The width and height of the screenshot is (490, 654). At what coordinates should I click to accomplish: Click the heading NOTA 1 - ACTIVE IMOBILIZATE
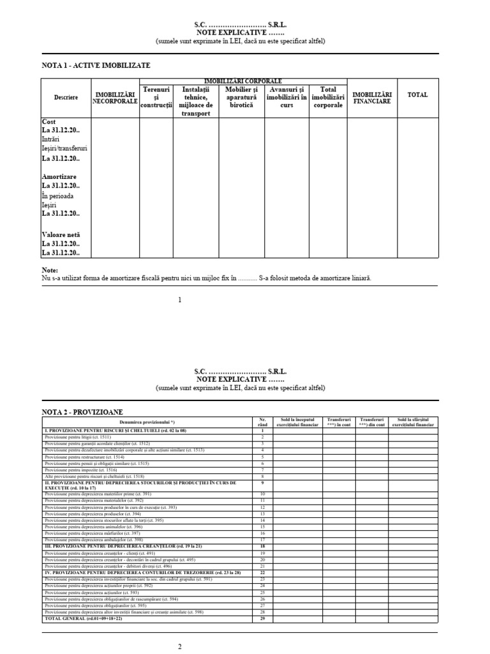(96, 65)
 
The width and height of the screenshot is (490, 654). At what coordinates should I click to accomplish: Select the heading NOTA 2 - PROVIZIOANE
(82, 412)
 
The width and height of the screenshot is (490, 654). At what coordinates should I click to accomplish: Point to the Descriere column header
(66, 97)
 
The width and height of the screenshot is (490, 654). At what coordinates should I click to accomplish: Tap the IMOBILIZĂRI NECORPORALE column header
(115, 98)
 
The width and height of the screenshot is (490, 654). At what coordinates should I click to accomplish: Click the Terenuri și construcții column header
(156, 97)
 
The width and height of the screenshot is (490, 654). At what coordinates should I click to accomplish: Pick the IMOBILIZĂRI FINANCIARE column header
(373, 98)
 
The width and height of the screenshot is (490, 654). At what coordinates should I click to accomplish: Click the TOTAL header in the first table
(418, 95)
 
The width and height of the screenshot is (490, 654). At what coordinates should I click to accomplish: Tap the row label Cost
(49, 121)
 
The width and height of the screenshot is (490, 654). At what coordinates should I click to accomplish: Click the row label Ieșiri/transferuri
(64, 148)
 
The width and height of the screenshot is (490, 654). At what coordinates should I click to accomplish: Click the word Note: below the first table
(50, 270)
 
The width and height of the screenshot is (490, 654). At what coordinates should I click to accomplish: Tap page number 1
(180, 300)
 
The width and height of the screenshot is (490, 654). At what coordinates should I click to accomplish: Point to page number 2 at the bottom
(180, 646)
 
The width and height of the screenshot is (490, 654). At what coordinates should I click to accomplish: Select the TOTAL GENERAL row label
(74, 619)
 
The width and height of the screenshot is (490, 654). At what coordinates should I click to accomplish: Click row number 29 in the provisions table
(262, 619)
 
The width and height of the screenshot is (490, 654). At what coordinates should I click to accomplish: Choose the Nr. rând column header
(262, 422)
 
